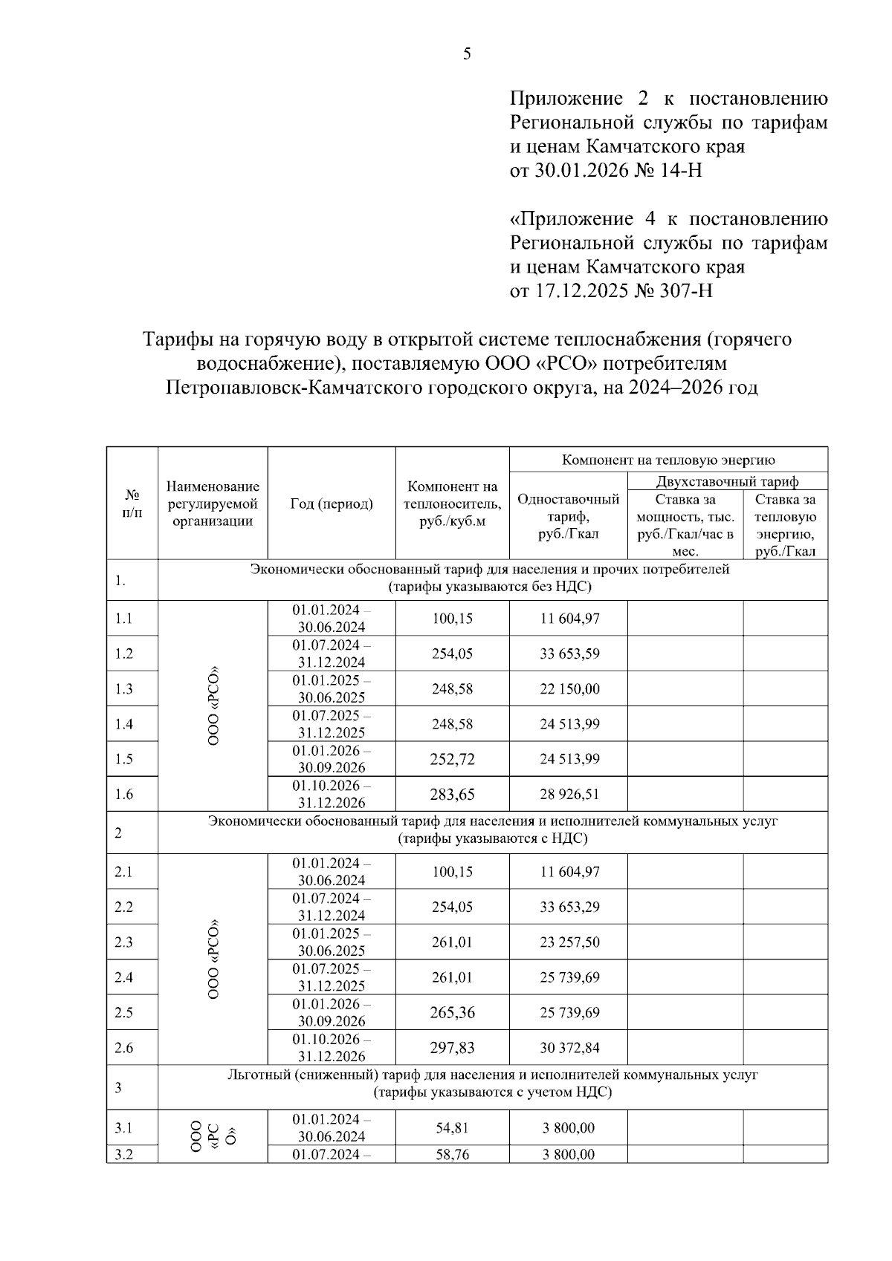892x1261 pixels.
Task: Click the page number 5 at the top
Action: [467, 53]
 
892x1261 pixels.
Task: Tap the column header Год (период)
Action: [331, 504]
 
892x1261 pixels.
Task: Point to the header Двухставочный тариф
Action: [727, 481]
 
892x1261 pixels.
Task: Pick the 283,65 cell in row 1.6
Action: [452, 795]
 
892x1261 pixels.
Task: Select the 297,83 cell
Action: [452, 1048]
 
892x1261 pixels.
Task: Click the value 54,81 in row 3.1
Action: [452, 1128]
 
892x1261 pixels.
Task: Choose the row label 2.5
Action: [124, 1013]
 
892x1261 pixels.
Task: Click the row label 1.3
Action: [124, 689]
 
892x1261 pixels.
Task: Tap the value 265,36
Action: [452, 1013]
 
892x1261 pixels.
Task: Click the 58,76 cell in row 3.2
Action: [452, 1155]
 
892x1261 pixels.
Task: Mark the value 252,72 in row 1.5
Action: [452, 759]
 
